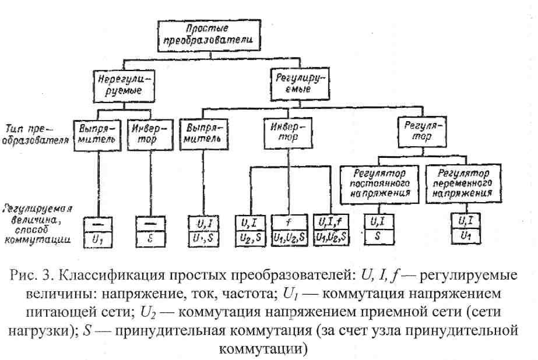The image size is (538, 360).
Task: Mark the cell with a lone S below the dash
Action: [149, 237]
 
